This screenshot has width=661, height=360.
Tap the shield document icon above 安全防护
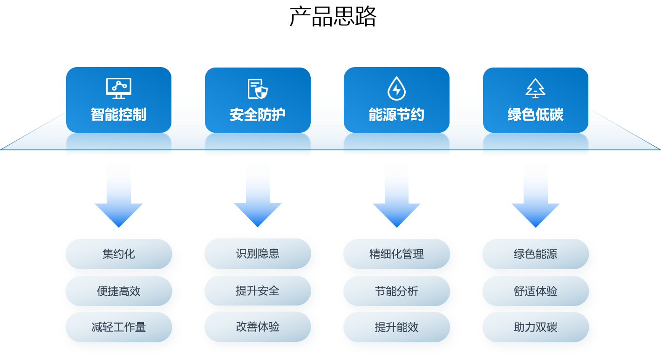[x=258, y=88]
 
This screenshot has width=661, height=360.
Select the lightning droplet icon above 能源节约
[x=396, y=88]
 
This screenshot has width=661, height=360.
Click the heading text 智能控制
[x=119, y=115]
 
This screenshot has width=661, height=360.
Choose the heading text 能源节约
[x=396, y=115]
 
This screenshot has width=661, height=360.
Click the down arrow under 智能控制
[x=119, y=196]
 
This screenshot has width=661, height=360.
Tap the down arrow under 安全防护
[x=258, y=196]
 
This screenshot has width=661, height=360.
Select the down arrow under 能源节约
[x=396, y=196]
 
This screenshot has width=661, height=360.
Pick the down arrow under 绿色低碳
[x=535, y=196]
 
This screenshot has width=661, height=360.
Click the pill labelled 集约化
[x=119, y=254]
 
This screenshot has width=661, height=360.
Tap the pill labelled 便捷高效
[x=119, y=291]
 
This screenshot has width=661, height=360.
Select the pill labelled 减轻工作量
[x=119, y=327]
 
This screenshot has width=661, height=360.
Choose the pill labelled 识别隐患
[x=258, y=253]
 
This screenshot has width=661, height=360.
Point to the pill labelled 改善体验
[x=258, y=326]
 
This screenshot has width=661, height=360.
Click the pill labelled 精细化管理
[x=396, y=254]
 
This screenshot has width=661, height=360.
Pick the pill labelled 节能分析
[x=396, y=291]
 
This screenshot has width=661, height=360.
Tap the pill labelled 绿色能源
[x=535, y=254]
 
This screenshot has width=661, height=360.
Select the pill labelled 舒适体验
[x=535, y=291]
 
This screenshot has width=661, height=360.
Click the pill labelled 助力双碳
[x=535, y=327]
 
